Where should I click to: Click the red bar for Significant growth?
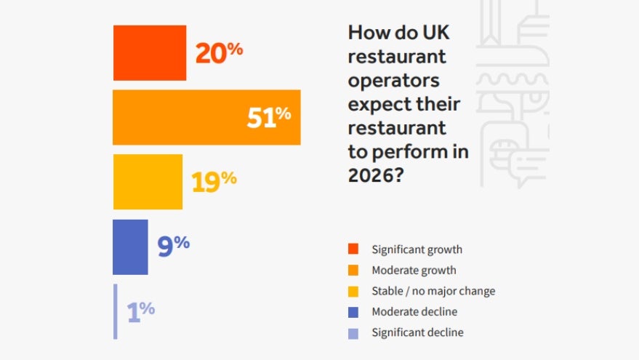point(149,52)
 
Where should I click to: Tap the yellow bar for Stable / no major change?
point(148,182)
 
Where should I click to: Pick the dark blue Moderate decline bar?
point(130,247)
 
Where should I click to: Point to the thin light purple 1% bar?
point(115,311)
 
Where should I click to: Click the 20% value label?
point(219,52)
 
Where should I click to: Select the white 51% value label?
point(268,117)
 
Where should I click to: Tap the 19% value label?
point(214,181)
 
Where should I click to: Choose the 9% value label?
point(174,246)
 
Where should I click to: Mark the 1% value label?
point(140,311)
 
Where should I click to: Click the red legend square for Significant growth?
point(353,249)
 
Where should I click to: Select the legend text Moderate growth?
point(414,271)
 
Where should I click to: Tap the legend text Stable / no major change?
point(433,291)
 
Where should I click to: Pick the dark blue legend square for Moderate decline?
point(353,312)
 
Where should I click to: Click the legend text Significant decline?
point(417,332)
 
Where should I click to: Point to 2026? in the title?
point(376,175)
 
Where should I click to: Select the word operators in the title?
point(393,80)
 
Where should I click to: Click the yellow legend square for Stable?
point(353,291)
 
